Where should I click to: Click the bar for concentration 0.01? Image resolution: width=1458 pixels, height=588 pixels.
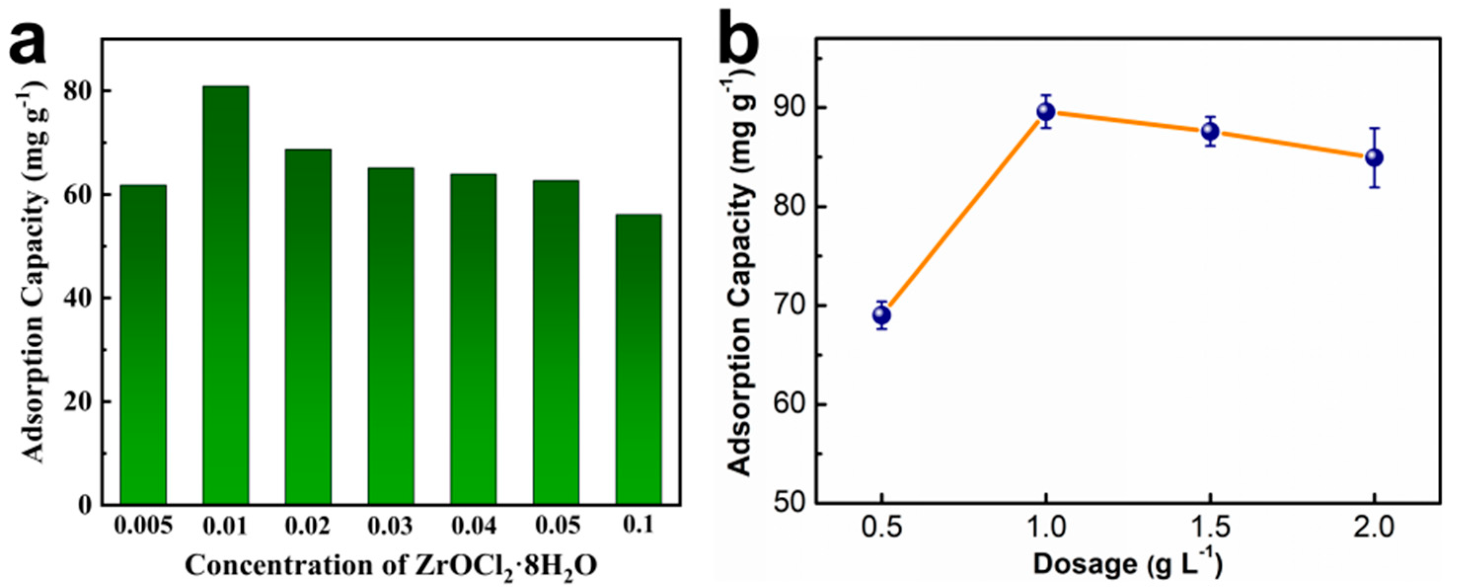[225, 294]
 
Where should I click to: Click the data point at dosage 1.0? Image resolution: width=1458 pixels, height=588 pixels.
[1046, 111]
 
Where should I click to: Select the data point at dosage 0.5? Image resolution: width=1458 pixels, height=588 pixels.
[881, 315]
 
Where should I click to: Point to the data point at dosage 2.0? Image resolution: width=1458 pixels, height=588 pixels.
[1374, 157]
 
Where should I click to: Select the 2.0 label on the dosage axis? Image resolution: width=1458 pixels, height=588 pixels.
[1374, 529]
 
